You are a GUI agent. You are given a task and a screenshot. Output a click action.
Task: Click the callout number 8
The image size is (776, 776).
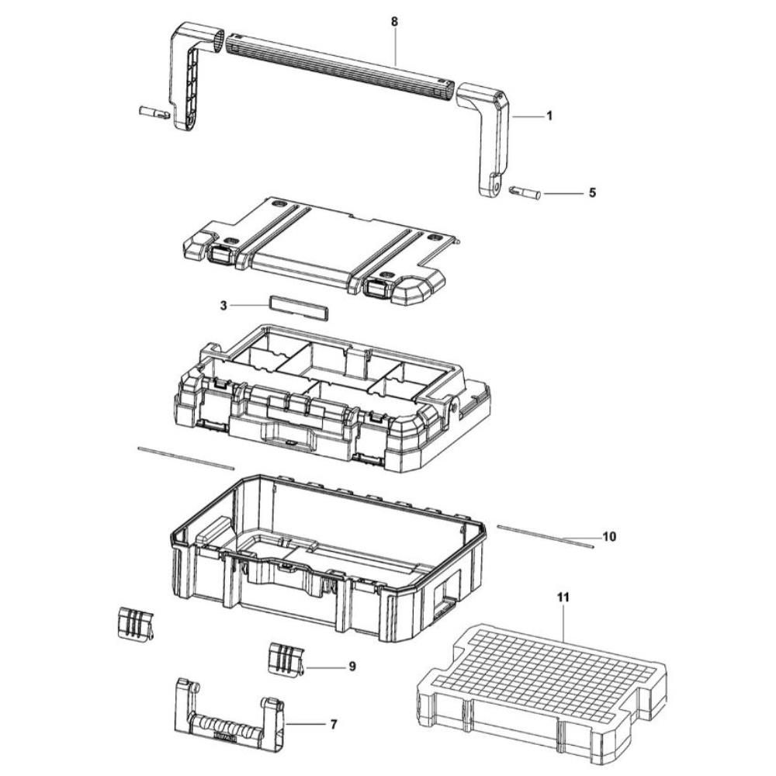pos(394,22)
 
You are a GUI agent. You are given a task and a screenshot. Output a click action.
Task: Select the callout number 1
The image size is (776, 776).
pos(549,116)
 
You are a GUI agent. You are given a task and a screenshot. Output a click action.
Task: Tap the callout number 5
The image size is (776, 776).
pos(592,193)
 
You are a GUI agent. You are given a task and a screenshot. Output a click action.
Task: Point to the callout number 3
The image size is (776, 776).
pos(223,306)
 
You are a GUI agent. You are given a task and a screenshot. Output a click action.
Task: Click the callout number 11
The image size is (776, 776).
pos(563,598)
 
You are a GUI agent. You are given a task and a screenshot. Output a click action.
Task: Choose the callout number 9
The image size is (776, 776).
pos(352,666)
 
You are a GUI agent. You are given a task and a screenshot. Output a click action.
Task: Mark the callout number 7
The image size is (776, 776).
pos(333,725)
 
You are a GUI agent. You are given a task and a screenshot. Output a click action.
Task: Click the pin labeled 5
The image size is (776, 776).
pos(525,191)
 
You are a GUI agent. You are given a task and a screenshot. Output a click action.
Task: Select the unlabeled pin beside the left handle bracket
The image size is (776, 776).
pos(153,114)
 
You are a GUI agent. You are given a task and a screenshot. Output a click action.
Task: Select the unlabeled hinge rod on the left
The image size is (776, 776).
pos(185,458)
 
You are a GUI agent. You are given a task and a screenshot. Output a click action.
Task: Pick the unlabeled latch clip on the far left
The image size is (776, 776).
pos(133,623)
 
